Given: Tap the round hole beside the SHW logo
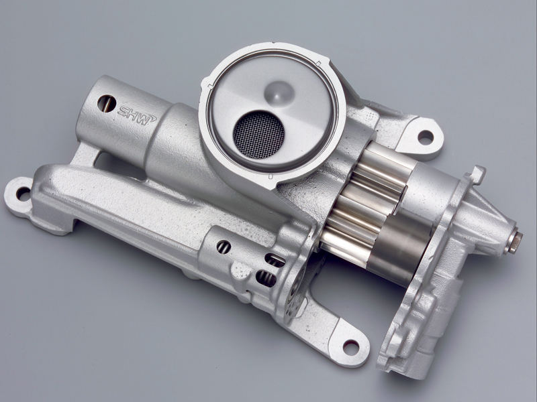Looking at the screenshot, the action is [107, 103].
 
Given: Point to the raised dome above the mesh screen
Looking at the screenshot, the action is [279, 93].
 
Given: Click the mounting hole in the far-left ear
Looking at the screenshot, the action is [23, 194].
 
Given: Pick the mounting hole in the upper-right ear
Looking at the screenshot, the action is [426, 137].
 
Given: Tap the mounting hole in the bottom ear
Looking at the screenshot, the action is [350, 347].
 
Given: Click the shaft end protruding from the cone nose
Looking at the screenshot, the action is [515, 239].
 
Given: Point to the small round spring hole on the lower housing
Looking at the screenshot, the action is [224, 247].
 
